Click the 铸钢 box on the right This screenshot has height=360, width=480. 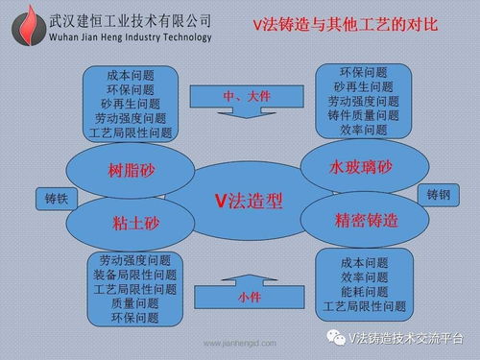click(438, 194)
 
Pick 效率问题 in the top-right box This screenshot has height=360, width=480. click(364, 130)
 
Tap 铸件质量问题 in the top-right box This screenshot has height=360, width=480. click(364, 115)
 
